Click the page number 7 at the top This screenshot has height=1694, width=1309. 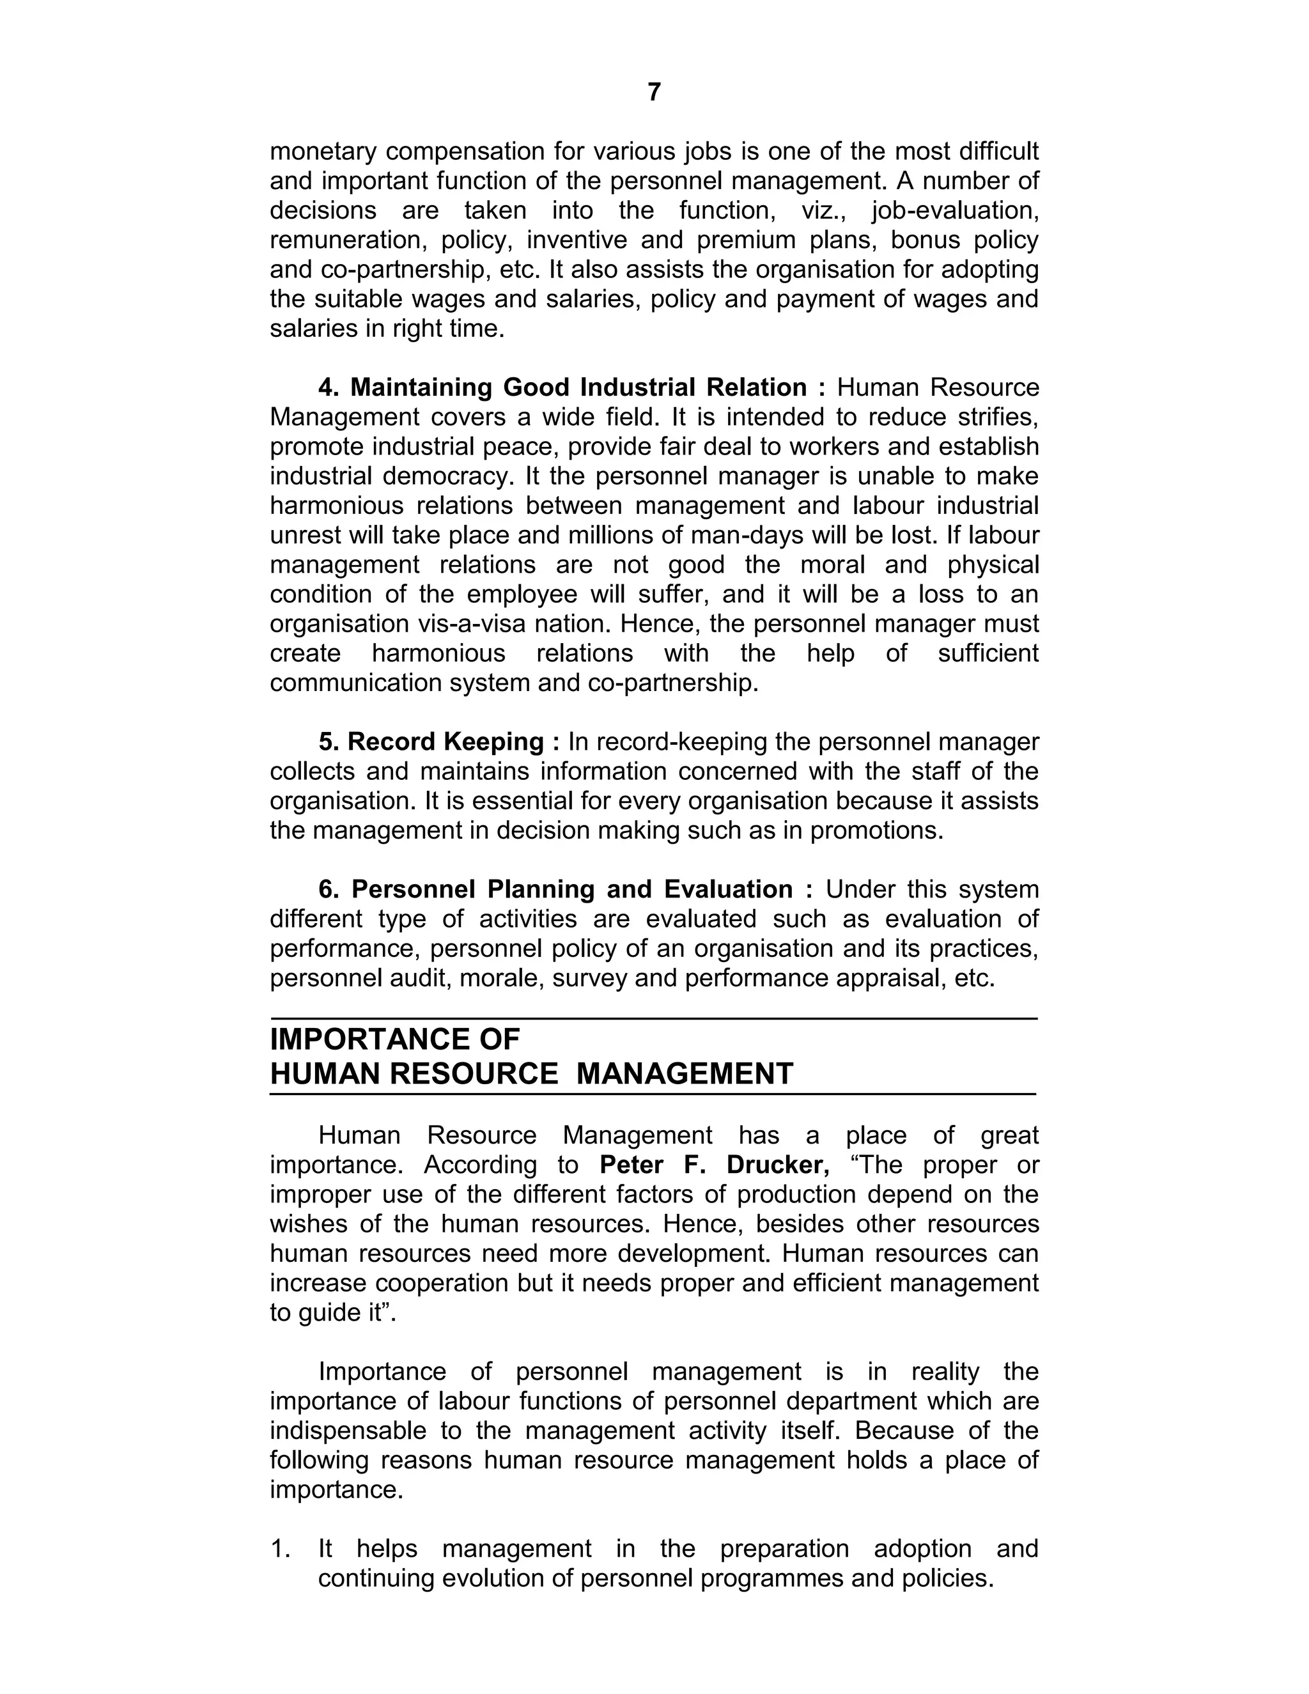point(654,92)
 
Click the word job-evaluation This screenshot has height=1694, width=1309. point(955,210)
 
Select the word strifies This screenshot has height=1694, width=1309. point(996,417)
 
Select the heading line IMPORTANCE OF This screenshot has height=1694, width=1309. point(395,1039)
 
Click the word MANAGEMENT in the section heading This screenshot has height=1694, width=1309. point(685,1073)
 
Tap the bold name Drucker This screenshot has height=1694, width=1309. point(778,1164)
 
